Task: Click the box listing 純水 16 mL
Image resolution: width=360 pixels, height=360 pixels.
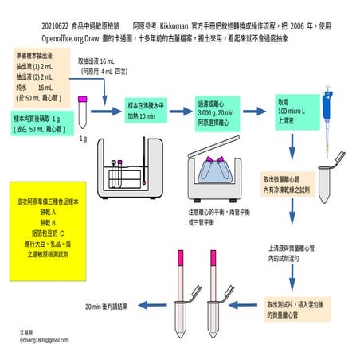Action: (x=41, y=80)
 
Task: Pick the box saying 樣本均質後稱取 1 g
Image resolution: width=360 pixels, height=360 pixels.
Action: (x=41, y=121)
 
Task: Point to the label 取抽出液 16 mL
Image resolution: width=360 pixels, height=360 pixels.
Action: (x=98, y=65)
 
